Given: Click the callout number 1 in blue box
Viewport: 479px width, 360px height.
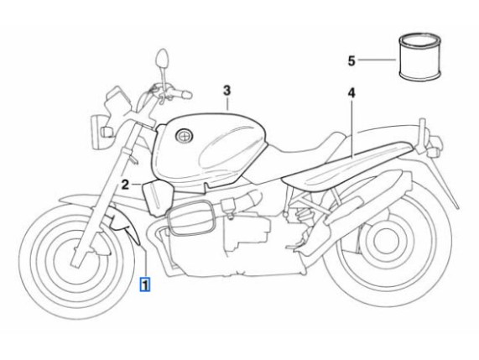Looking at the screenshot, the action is coord(145,284).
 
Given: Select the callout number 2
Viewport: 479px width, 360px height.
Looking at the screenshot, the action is coord(125,185).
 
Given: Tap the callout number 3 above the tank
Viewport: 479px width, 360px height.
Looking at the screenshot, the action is coord(226,91).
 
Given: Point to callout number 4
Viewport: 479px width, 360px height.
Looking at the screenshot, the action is coord(351,93).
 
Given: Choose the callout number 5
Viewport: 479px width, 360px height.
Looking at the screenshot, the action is coord(351,60).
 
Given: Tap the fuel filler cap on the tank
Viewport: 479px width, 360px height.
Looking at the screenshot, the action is coord(185,135).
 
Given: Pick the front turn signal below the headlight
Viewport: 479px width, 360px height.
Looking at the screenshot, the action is coord(107,132).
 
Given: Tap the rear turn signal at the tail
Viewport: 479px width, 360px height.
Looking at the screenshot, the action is coord(434,152).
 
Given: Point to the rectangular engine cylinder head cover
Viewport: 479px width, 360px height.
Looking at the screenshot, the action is coord(191,217).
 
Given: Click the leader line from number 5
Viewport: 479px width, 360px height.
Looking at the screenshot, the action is coord(377,60).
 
